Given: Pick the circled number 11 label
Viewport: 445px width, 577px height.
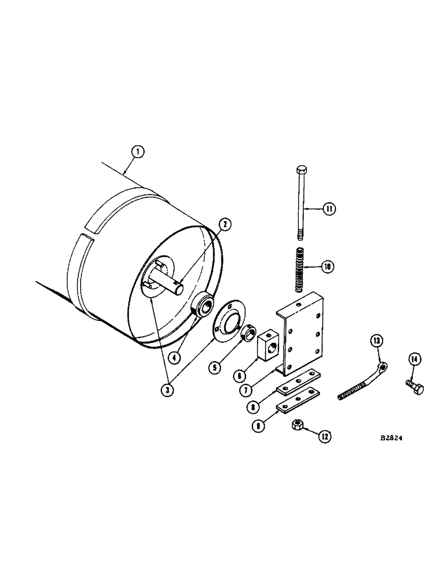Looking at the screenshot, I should pyautogui.click(x=329, y=209).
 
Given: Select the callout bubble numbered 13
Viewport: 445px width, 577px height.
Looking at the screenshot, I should pyautogui.click(x=376, y=342).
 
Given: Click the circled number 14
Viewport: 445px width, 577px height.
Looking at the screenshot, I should pyautogui.click(x=414, y=361).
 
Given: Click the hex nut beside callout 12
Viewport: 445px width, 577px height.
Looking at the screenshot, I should pyautogui.click(x=299, y=426).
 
